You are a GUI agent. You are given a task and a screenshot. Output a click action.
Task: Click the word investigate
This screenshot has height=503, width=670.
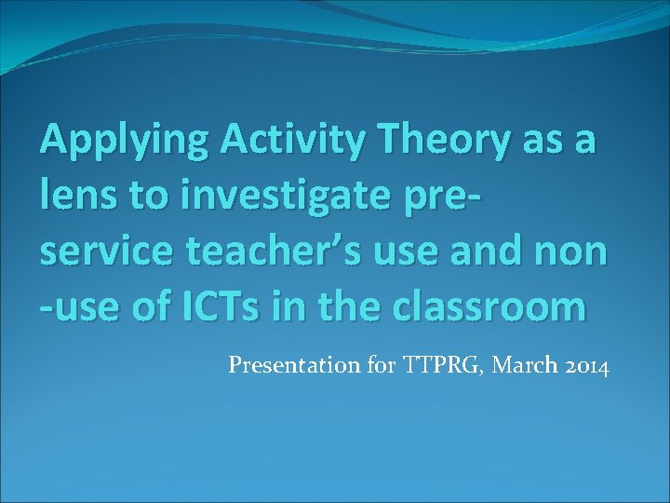click(x=279, y=197)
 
